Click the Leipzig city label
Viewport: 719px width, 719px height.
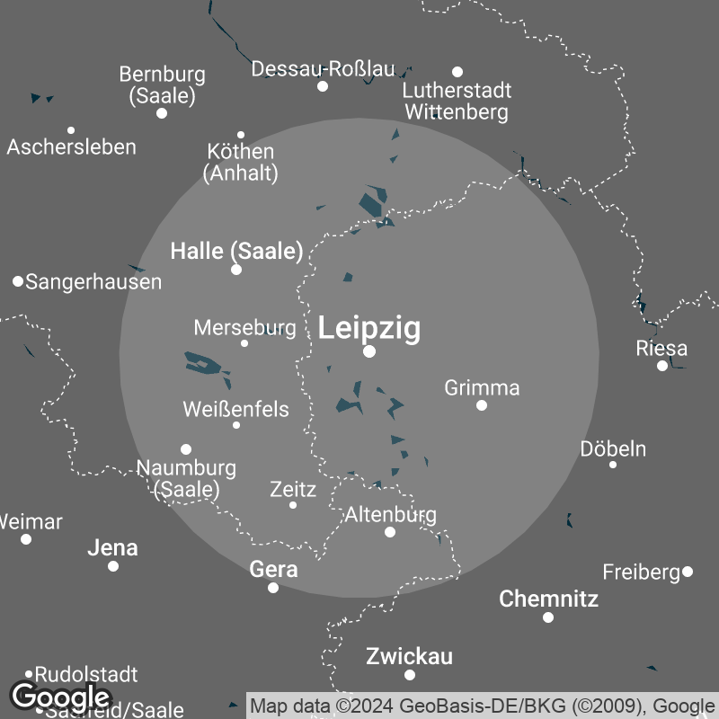369,328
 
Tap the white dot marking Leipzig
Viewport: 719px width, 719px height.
369,351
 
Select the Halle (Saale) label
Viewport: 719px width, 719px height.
236,252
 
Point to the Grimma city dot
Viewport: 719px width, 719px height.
482,405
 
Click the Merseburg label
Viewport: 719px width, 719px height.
244,327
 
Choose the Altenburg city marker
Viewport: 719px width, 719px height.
390,532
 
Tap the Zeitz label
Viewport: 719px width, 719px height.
293,490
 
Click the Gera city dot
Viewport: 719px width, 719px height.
273,588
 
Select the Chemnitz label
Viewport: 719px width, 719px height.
548,599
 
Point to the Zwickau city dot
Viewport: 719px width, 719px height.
410,675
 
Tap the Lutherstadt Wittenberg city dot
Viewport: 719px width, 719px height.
457,72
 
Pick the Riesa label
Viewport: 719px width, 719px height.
661,348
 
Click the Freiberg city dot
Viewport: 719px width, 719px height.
688,572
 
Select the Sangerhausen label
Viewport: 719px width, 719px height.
93,282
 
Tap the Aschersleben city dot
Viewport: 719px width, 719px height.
71,130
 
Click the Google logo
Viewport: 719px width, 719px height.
60,697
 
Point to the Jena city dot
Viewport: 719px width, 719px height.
113,566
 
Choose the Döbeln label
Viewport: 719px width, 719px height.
613,448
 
